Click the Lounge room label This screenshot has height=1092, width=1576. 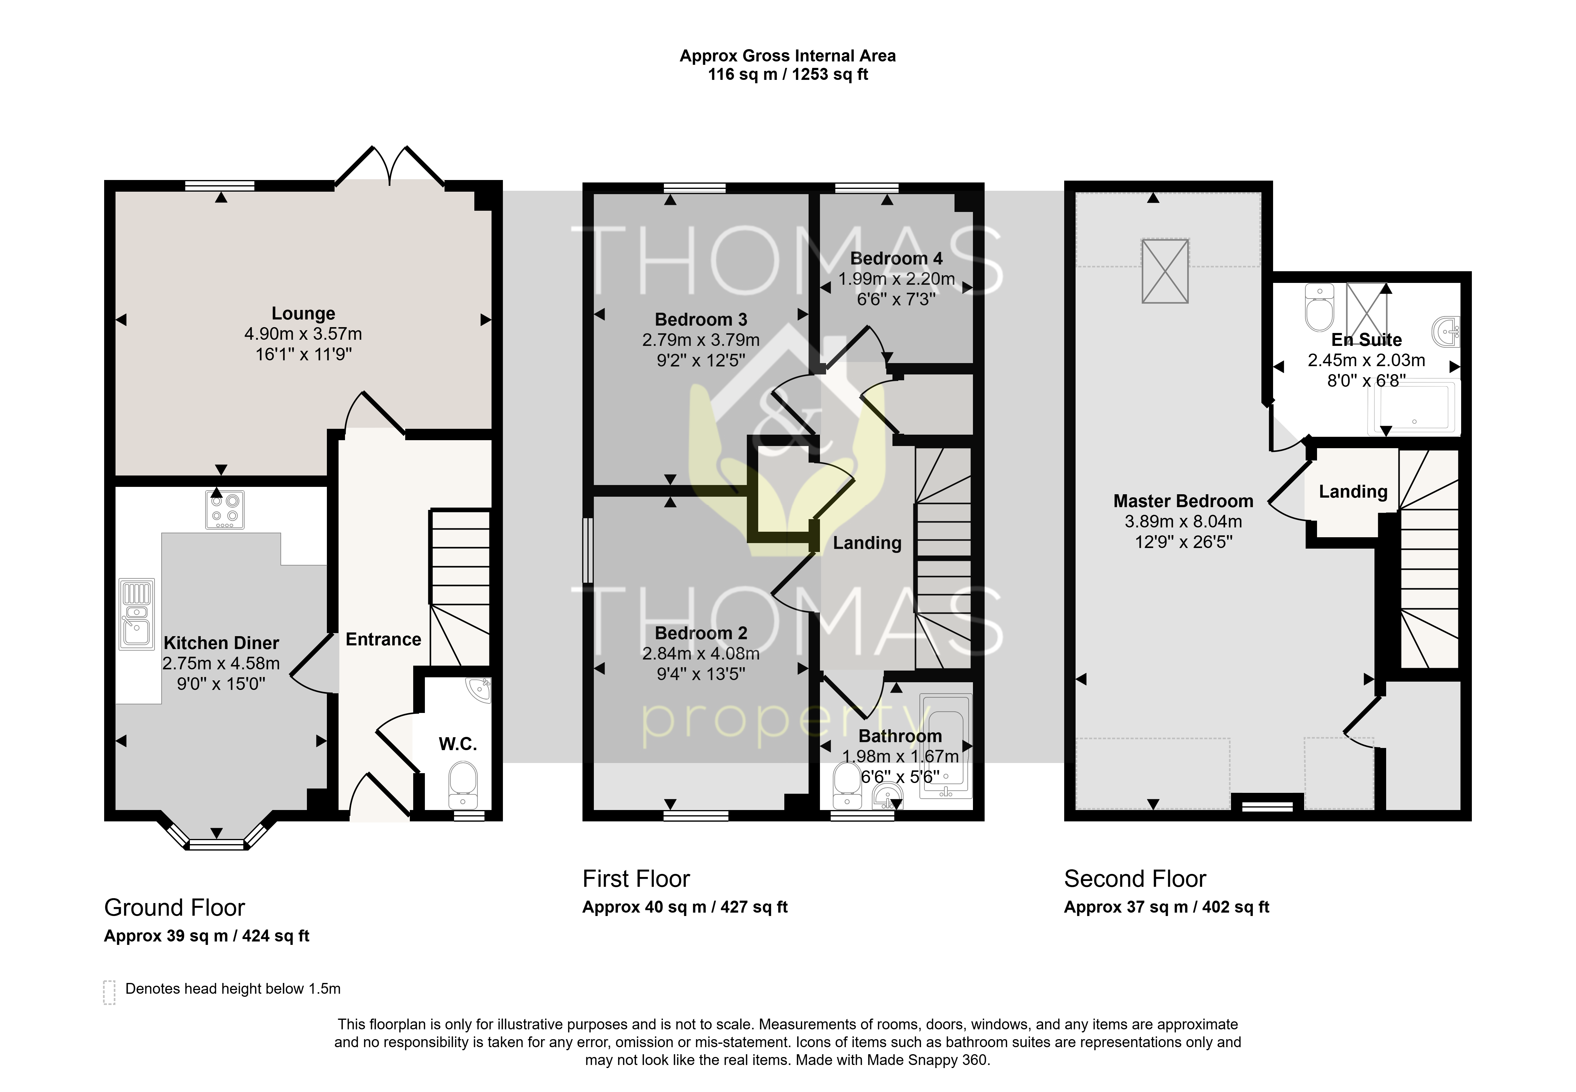[x=303, y=313]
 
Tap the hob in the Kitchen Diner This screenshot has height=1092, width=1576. [x=225, y=510]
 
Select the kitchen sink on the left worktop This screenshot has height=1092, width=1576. [x=137, y=614]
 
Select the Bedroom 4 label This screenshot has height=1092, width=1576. [x=896, y=259]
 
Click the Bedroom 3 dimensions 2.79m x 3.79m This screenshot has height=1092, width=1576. [x=701, y=340]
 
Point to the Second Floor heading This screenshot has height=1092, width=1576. [x=1135, y=879]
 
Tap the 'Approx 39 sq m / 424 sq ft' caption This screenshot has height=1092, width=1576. [x=207, y=936]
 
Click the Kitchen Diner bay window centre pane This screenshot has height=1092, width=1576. [x=216, y=845]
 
